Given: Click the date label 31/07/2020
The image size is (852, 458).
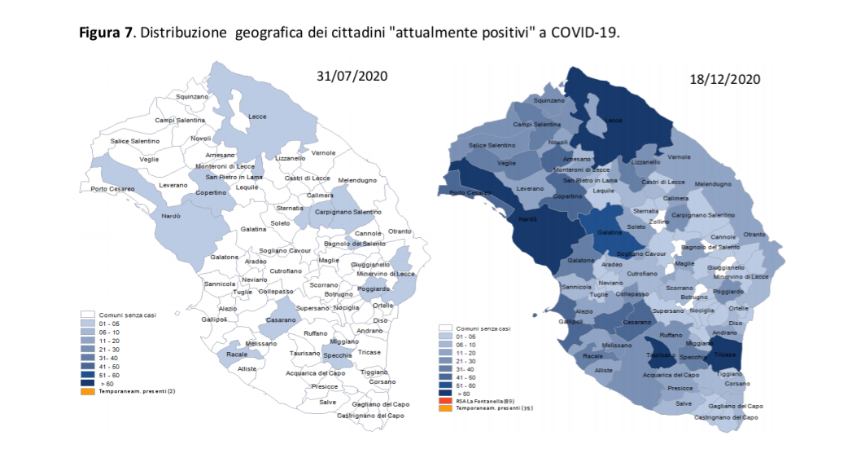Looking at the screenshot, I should (352, 76).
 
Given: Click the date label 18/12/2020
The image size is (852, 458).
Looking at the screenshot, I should (724, 79).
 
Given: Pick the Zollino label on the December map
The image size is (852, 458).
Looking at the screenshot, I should (659, 222).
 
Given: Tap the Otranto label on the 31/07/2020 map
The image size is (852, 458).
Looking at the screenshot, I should (400, 231).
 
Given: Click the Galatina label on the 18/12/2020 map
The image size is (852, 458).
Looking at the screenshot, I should (610, 232).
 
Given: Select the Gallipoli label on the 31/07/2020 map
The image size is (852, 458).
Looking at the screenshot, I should (215, 319).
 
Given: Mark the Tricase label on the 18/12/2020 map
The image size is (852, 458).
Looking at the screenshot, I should (724, 355).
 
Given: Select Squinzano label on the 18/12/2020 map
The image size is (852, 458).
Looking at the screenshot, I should (549, 100).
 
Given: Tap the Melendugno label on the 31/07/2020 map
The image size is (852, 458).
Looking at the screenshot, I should (359, 179).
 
